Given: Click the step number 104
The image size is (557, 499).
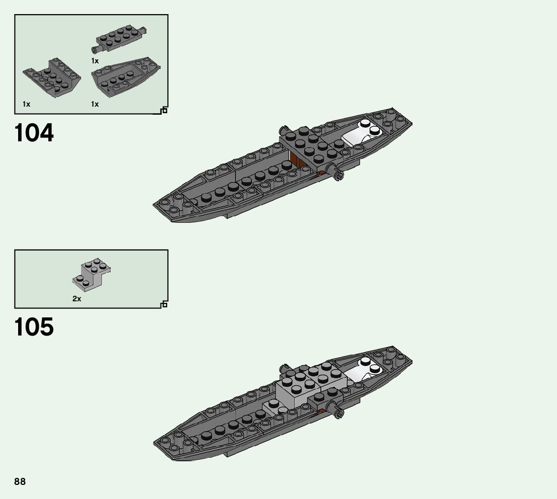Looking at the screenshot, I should point(34,133).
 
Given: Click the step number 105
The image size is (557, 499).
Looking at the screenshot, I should point(34,327).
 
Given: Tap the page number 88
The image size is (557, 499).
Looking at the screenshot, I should point(20,482).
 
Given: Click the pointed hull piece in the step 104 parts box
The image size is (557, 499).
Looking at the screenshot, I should point(126,77).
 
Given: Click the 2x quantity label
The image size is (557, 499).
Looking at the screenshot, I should point(77,298).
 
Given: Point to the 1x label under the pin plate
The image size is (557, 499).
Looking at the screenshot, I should point(95,61).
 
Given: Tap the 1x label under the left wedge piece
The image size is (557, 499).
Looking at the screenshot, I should point(26,104).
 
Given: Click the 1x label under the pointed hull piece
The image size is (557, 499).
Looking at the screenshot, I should point(95,104).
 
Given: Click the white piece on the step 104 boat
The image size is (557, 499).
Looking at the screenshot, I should point(362,132).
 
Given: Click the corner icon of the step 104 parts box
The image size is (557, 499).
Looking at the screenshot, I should point(164,111).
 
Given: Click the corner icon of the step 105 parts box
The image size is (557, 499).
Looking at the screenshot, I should point(164,304).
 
